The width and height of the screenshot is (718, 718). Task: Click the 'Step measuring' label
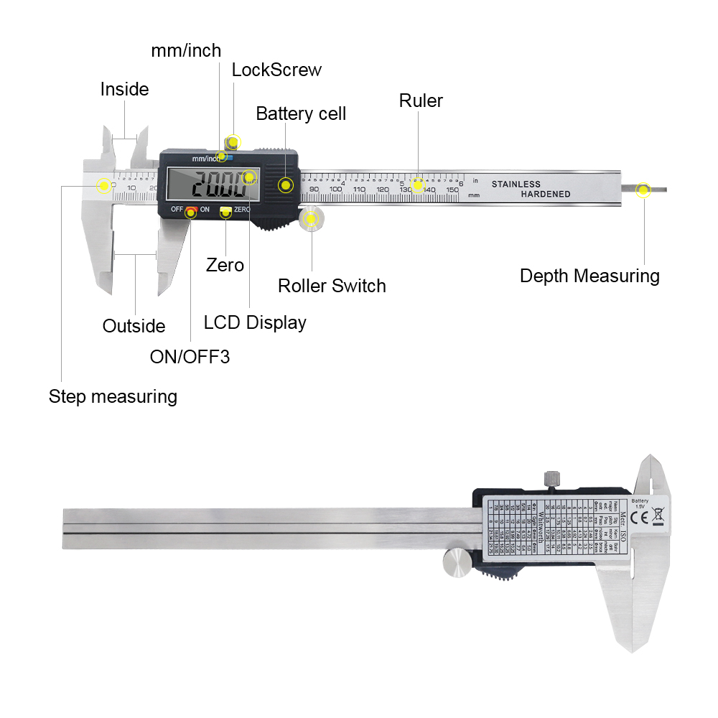(113, 396)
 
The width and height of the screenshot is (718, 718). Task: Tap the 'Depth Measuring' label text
(589, 276)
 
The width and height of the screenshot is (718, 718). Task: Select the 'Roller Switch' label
(332, 286)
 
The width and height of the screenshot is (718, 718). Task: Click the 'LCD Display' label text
(255, 322)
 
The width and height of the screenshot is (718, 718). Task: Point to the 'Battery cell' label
(301, 113)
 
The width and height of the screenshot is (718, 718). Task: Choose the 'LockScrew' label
(276, 70)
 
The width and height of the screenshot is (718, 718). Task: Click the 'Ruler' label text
(421, 101)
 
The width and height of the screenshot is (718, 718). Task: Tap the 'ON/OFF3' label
(190, 356)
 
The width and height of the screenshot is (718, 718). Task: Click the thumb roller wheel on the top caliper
(311, 219)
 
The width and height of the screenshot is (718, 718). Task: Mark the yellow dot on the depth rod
(643, 190)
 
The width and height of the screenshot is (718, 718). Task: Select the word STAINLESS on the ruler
(516, 184)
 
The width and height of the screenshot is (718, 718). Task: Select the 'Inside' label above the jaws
(124, 89)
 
